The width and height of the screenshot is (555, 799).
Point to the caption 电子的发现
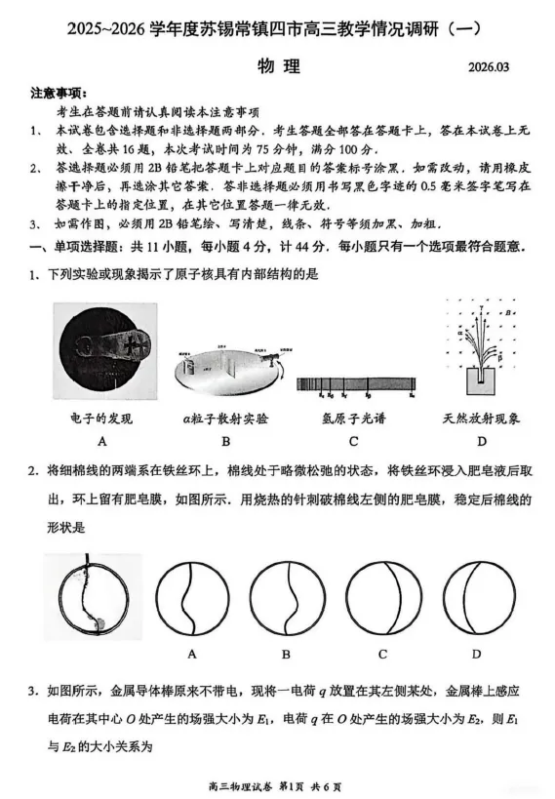[101, 419]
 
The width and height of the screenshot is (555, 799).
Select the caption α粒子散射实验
[225, 419]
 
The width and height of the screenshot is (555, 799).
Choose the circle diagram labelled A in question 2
[192, 597]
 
